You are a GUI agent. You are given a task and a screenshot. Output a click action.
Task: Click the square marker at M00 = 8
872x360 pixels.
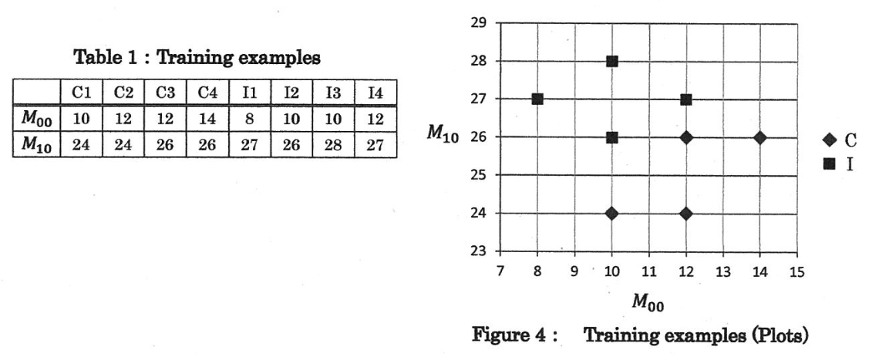click(537, 99)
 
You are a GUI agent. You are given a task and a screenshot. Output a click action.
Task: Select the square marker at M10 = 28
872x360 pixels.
click(612, 61)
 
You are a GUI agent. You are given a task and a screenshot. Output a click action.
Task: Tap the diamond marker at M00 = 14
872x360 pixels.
click(760, 137)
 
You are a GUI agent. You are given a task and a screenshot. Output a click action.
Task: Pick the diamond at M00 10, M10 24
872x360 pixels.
click(612, 213)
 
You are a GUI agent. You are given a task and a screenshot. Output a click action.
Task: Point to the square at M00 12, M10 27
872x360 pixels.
click(686, 99)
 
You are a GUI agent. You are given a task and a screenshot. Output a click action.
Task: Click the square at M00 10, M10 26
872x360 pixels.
click(612, 137)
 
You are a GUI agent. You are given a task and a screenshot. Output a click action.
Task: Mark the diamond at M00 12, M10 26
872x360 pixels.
click(686, 137)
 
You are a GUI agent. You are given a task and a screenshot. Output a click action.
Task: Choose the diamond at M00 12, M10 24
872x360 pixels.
click(686, 213)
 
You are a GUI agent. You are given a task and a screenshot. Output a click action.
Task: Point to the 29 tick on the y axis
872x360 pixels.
click(478, 23)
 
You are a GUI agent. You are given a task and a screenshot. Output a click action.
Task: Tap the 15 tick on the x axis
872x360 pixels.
click(797, 271)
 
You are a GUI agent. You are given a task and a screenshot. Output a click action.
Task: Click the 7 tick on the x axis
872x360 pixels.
click(500, 271)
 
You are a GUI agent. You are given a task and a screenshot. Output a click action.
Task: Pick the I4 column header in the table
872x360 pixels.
click(376, 93)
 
